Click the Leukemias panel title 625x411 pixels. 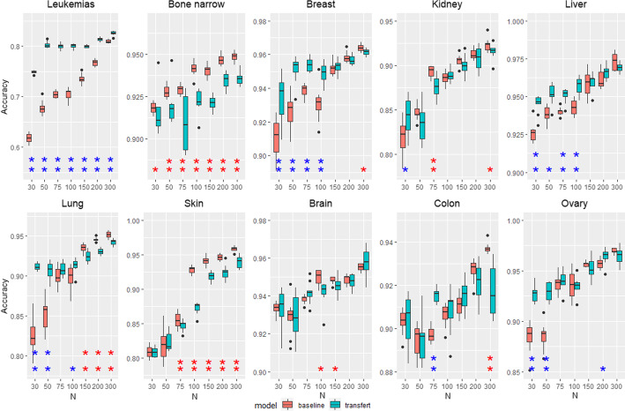tap(72, 7)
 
